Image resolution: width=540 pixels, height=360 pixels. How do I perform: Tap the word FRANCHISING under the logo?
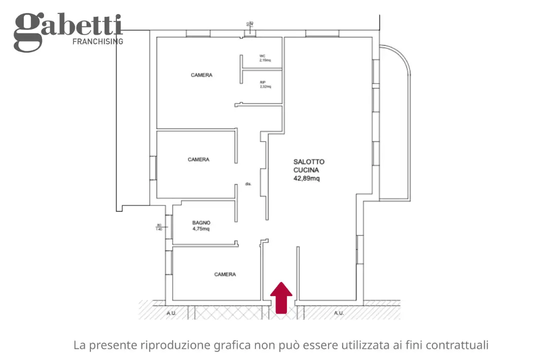pyautogui.click(x=98, y=41)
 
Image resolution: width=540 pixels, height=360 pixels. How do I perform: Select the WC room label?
pyautogui.click(x=262, y=55)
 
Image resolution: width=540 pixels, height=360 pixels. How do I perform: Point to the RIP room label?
pyautogui.click(x=262, y=82)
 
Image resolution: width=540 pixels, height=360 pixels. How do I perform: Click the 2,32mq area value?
pyautogui.click(x=265, y=86)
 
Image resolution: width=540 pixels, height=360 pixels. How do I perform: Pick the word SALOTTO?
pyautogui.click(x=308, y=162)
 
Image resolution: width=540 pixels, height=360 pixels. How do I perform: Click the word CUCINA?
pyautogui.click(x=306, y=170)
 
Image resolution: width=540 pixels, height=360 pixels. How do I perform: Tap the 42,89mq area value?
pyautogui.click(x=306, y=178)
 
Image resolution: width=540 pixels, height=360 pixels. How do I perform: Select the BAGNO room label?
pyautogui.click(x=201, y=223)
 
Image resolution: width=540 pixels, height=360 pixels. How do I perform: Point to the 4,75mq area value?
pyautogui.click(x=201, y=229)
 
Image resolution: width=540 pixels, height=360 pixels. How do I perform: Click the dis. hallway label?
pyautogui.click(x=248, y=184)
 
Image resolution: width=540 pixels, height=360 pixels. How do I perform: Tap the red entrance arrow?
pyautogui.click(x=281, y=297)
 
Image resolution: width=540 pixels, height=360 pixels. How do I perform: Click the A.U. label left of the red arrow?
pyautogui.click(x=171, y=313)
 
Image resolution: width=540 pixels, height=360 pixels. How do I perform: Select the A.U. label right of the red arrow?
pyautogui.click(x=339, y=313)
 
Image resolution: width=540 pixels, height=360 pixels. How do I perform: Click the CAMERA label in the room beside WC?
pyautogui.click(x=201, y=75)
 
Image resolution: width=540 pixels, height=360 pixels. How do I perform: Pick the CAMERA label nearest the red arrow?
pyautogui.click(x=225, y=274)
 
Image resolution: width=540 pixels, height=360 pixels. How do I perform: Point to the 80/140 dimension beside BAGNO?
pyautogui.click(x=159, y=227)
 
